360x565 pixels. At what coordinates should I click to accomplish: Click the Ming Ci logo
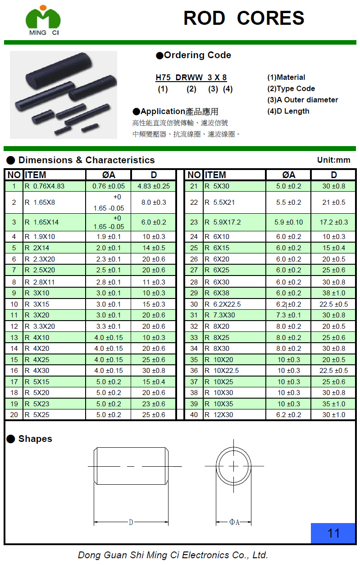pos(43,20)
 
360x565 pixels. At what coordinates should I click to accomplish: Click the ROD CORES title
pos(244,18)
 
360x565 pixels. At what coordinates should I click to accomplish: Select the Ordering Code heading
pos(194,55)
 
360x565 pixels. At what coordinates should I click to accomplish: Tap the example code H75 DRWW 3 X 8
pos(191,78)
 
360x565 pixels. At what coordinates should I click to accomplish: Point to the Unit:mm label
pos(333,160)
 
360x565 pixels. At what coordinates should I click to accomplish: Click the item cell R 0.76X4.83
pos(45,186)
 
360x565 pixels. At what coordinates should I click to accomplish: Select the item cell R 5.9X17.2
pos(223,222)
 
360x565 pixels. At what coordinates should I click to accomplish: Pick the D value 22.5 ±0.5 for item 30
pos(333,304)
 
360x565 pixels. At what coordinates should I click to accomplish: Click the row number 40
pos(194,415)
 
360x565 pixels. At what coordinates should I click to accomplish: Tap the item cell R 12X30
pos(219,415)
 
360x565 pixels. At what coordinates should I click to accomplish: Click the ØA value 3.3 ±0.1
pos(109,326)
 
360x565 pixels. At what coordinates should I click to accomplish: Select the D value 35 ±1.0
pos(333,404)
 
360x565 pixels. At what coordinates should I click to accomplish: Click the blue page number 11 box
pos(333,533)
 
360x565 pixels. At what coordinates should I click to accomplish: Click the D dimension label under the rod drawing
pos(131,522)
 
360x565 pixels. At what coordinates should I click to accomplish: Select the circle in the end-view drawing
pos(234,466)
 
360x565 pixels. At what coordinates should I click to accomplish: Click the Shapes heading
pos(30,439)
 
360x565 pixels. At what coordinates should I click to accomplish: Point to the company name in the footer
pos(173,555)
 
